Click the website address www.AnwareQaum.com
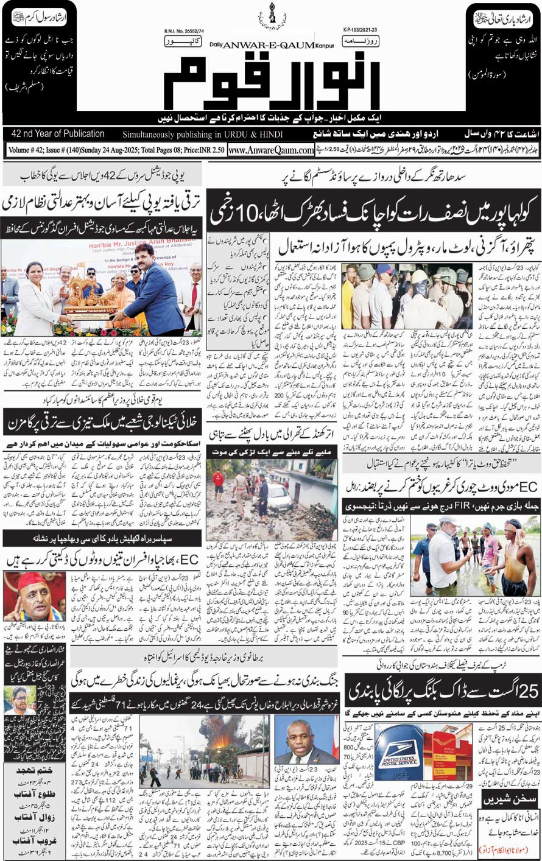click(x=272, y=150)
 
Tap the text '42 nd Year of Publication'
click(x=58, y=134)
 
